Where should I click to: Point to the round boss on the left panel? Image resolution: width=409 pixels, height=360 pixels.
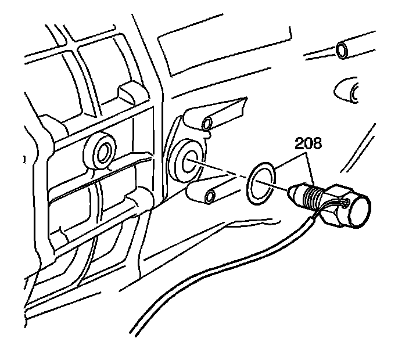point(103,152)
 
